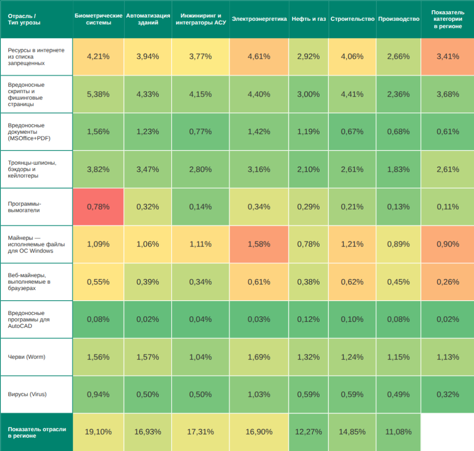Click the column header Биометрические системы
tap(98, 19)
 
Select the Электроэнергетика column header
tap(259, 19)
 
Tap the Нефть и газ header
tap(309, 19)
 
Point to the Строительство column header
tap(352, 19)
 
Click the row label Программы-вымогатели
tap(25, 207)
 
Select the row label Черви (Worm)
tap(27, 357)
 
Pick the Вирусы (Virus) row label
tap(27, 394)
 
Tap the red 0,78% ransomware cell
tap(98, 207)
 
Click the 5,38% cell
tap(98, 94)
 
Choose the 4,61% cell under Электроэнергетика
tap(259, 56)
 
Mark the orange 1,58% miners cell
tap(259, 244)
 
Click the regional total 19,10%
tap(98, 432)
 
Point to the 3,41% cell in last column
tap(448, 56)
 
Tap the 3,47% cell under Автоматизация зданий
tap(148, 169)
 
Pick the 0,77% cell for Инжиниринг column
tap(200, 132)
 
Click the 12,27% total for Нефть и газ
tap(309, 432)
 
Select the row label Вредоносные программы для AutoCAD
tap(29, 319)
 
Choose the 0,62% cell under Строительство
tap(352, 282)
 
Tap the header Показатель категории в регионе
tap(448, 19)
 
